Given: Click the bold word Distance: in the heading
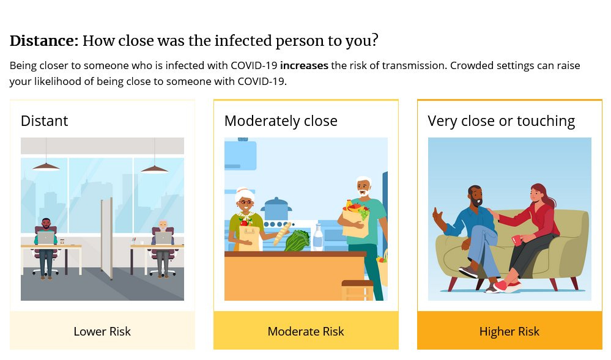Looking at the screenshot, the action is [44, 40].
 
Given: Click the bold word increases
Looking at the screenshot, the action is [304, 65].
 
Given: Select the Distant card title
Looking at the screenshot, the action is [45, 121].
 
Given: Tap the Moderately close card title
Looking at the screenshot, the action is [281, 121].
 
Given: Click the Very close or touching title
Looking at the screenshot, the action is [501, 121].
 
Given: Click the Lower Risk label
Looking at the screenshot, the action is [102, 331].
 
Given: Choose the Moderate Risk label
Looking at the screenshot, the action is [306, 331].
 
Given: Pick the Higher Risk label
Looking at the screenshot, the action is [509, 331].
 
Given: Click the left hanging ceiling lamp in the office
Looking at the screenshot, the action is [46, 167].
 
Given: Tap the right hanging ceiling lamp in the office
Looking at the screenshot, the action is [154, 169].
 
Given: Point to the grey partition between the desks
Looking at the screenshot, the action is [107, 238].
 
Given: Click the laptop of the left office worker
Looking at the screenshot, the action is [46, 237].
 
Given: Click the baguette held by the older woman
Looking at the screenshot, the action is [282, 233].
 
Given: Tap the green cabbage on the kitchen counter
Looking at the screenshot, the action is [297, 241].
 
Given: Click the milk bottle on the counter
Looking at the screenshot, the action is [318, 237].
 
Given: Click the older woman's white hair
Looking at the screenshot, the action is [244, 194].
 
